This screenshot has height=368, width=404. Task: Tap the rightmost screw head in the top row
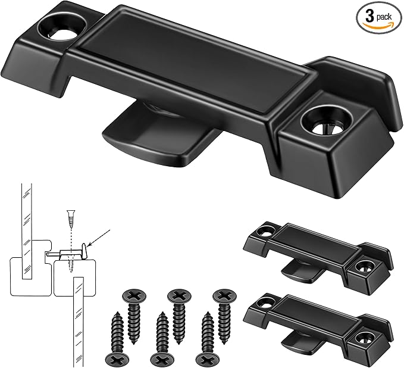[224, 296]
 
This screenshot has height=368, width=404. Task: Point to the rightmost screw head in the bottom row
[206, 359]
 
